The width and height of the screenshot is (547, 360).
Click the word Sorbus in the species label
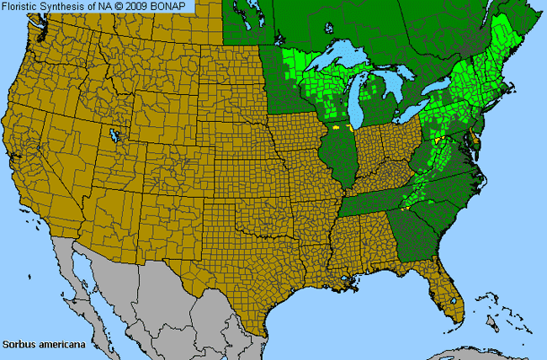click(17, 344)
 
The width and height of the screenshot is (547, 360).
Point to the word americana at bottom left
click(54, 344)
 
